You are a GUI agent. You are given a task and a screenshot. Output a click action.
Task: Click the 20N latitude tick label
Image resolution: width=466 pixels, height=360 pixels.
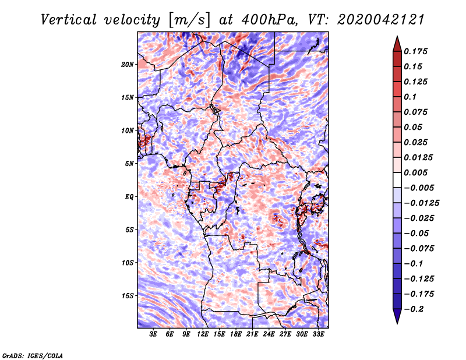coord(128,64)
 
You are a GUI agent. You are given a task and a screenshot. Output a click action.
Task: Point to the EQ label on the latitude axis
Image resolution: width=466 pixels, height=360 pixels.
coord(130,197)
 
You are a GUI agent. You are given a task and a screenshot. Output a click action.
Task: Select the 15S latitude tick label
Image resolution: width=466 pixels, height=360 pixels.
coord(128,296)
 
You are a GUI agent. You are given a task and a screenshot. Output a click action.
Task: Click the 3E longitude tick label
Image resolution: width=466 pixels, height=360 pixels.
coord(154,334)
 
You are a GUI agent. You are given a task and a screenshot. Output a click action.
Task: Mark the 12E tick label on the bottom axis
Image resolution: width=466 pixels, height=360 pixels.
coord(203,334)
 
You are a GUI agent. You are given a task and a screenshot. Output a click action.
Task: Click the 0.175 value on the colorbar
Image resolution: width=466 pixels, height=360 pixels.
coord(416,52)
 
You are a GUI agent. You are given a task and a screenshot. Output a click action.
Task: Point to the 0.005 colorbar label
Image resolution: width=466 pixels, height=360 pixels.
coord(416,173)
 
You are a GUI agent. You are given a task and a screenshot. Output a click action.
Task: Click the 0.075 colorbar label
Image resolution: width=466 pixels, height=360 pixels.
coord(416,112)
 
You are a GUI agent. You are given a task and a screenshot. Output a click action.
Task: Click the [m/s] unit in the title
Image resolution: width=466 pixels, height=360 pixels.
coord(186,20)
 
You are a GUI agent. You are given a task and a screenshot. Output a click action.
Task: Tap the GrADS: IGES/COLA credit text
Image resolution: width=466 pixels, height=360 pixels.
coord(32,355)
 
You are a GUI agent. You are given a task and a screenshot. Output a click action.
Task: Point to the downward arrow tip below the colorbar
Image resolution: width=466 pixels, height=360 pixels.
coord(396,322)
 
